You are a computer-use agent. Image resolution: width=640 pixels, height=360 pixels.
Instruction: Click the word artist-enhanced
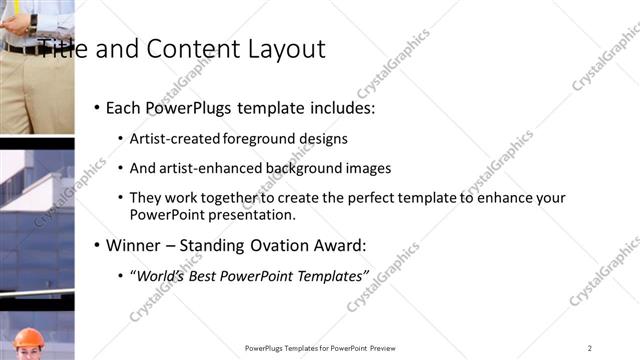206,169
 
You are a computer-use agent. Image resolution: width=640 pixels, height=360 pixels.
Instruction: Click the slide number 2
590,348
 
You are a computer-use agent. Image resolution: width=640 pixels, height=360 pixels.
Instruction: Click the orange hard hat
29,338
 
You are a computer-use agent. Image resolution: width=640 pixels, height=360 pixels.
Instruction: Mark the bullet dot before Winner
97,245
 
